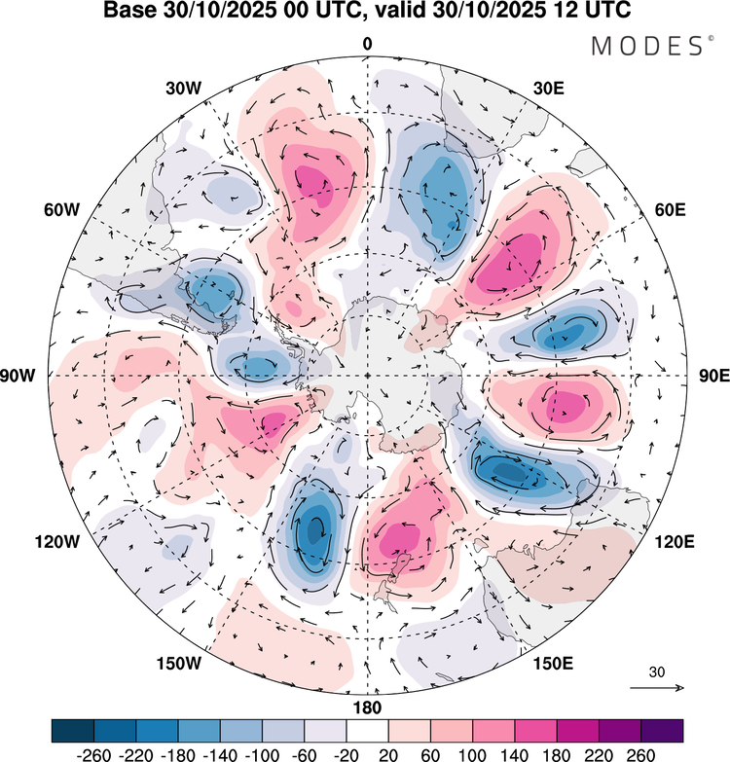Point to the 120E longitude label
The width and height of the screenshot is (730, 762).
pyautogui.click(x=671, y=541)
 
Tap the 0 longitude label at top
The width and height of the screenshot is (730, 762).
pyautogui.click(x=367, y=45)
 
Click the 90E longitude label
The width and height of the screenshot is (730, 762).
pyautogui.click(x=712, y=376)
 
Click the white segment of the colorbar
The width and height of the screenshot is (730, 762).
pyautogui.click(x=367, y=731)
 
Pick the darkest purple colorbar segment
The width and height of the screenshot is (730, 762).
pyautogui.click(x=662, y=731)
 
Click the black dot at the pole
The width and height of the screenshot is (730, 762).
pyautogui.click(x=367, y=376)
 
